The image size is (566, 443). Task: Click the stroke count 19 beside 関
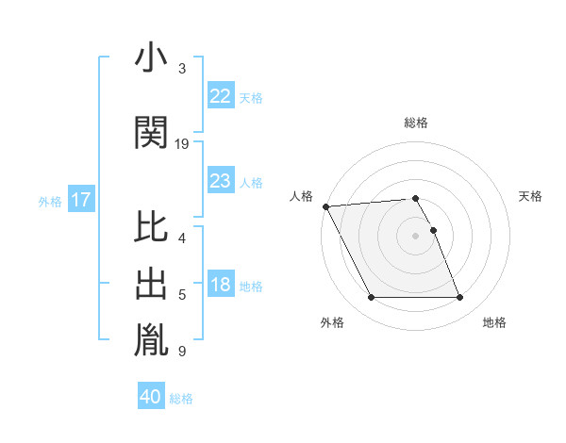(182, 144)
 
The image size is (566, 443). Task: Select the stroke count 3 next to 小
(181, 69)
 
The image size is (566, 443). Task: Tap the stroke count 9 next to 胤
(181, 352)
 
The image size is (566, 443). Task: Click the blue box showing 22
(220, 95)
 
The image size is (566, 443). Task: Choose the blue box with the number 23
(220, 181)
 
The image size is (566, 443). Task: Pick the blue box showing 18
(220, 285)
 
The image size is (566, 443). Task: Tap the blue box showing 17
(81, 200)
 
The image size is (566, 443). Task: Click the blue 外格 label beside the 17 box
(50, 201)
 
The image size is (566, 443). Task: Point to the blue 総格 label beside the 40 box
(181, 399)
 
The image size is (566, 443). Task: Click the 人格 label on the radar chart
(302, 196)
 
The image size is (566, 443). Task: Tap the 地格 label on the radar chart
(494, 322)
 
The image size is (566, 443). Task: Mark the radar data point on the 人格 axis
(325, 206)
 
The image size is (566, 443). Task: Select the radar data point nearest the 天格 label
(433, 230)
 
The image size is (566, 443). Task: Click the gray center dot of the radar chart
(415, 235)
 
